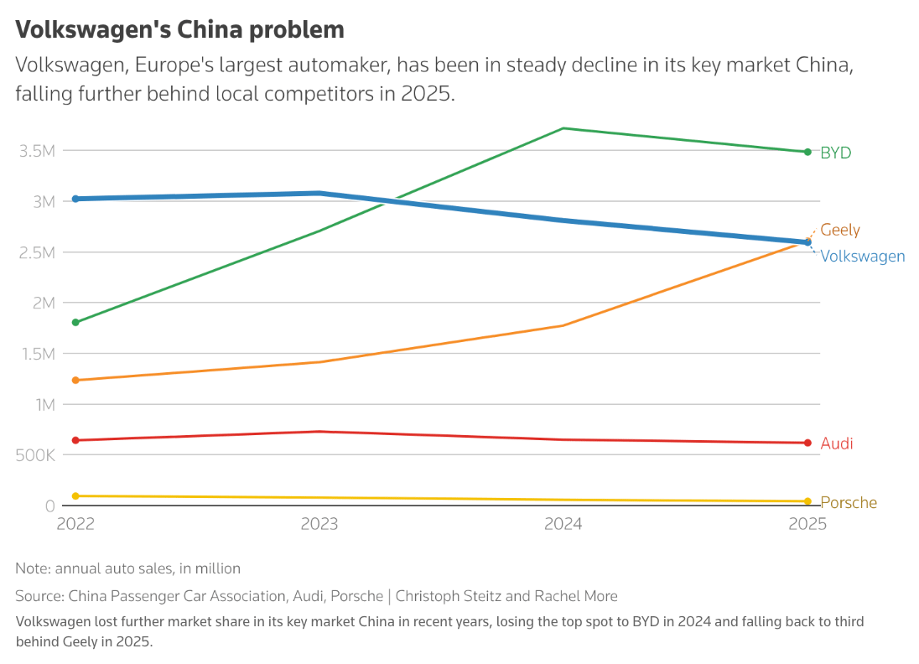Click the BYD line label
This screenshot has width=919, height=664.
tap(835, 153)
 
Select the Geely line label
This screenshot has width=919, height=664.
tap(840, 230)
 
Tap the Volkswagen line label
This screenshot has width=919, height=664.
tap(862, 256)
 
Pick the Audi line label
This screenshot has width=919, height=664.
tap(836, 443)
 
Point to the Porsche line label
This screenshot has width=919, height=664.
tap(848, 502)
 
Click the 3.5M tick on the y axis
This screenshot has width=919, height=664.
tap(36, 151)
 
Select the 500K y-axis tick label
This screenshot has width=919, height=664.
tap(34, 455)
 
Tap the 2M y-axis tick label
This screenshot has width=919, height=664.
tap(41, 303)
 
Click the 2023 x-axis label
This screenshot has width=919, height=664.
tap(319, 524)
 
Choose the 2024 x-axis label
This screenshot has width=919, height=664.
tap(563, 524)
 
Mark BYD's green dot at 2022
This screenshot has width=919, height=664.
tap(75, 322)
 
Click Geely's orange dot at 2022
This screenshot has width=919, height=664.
tap(75, 380)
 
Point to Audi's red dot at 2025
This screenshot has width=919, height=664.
tap(807, 443)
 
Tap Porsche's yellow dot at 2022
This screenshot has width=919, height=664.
tap(75, 496)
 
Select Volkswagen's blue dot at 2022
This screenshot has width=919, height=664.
tap(75, 199)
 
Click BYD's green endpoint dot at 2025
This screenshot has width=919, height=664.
tap(807, 152)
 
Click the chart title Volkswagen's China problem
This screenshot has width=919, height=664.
tap(179, 29)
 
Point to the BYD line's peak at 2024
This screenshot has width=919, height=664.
tap(563, 128)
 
